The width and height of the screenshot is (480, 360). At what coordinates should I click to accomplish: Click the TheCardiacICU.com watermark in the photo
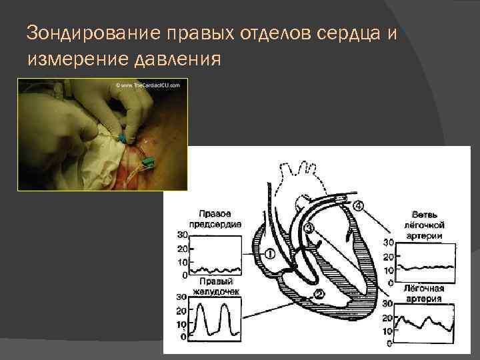coord(148,86)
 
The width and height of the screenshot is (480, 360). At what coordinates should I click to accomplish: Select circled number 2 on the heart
coord(319,294)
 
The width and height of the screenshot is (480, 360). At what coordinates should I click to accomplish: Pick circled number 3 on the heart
coord(308,229)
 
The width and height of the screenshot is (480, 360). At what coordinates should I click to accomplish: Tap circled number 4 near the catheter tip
coord(359,206)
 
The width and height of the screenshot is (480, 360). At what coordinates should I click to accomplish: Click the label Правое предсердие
coord(214,219)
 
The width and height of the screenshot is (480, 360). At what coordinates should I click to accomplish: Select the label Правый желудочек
coord(215,286)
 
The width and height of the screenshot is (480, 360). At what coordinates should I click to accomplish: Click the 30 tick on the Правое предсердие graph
coord(182,235)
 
